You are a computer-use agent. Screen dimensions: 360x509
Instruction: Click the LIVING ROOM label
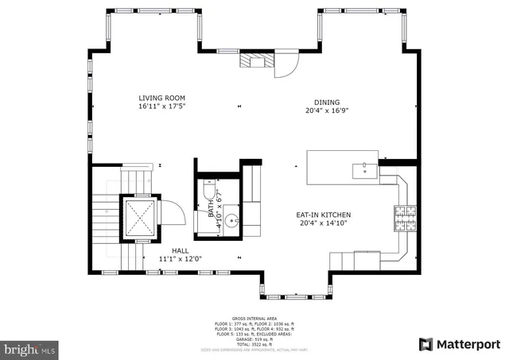[161, 98]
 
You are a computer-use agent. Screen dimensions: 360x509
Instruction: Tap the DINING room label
[327, 102]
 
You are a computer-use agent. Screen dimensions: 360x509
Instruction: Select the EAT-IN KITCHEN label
[324, 215]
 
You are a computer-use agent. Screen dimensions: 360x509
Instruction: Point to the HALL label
[181, 250]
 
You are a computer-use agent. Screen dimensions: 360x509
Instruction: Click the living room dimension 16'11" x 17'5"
[161, 106]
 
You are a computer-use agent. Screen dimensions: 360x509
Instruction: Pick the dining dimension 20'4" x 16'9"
[327, 111]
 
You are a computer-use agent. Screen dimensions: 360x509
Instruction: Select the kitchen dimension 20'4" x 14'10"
[324, 224]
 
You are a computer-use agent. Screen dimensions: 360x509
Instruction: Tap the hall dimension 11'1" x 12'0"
[181, 259]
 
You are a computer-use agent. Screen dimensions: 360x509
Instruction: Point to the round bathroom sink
[231, 220]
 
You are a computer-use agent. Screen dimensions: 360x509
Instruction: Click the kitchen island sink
[365, 168]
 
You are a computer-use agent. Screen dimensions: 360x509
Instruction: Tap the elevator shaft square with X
[140, 217]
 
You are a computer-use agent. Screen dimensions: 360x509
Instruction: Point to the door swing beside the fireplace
[284, 68]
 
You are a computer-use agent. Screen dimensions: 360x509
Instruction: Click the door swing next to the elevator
[171, 213]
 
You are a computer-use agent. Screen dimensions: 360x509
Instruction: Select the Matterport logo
[459, 344]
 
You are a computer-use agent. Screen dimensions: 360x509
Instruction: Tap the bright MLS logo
[29, 348]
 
